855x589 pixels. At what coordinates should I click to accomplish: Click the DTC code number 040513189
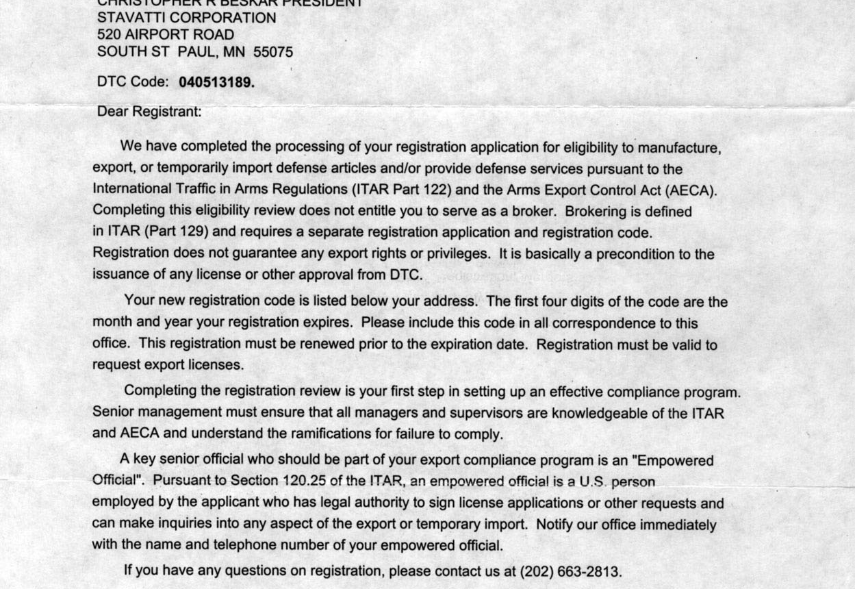click(x=216, y=82)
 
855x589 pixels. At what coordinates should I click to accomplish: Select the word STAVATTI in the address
click(x=131, y=18)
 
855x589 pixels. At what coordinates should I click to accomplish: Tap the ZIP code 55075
click(x=273, y=51)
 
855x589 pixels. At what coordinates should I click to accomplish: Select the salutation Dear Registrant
click(x=149, y=112)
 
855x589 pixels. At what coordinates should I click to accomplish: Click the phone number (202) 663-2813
click(x=570, y=571)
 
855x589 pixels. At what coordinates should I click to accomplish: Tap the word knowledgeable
click(x=600, y=413)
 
